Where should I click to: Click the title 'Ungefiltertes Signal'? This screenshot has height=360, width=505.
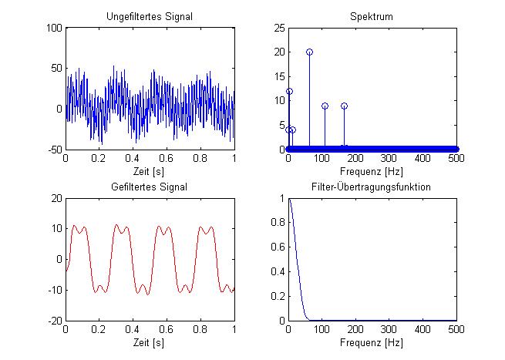click(150, 16)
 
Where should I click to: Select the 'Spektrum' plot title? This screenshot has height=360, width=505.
click(372, 16)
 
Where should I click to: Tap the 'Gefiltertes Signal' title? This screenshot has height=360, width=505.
click(150, 187)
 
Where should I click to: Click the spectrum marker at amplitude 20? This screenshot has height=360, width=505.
click(309, 52)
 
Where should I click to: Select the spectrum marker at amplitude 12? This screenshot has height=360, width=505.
click(289, 91)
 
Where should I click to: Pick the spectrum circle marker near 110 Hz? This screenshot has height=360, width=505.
click(325, 106)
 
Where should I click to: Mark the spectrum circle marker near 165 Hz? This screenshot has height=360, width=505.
click(344, 106)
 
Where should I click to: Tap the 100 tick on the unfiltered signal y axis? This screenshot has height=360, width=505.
click(54, 28)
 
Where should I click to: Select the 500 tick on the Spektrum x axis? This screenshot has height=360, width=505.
click(456, 159)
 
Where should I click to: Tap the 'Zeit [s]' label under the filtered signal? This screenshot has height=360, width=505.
click(150, 341)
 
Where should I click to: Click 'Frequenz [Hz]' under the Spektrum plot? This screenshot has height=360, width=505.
click(372, 170)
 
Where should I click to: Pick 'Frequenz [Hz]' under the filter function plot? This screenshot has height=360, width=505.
click(372, 341)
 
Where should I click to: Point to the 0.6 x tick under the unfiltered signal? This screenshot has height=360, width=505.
click(167, 159)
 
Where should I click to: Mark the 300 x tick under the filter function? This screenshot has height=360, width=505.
click(389, 330)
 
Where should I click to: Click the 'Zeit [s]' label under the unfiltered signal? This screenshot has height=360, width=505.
click(150, 170)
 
